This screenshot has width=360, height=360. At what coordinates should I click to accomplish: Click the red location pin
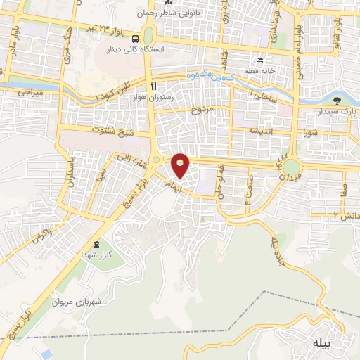click(181, 166)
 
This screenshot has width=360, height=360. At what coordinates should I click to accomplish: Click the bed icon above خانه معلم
click(259, 60)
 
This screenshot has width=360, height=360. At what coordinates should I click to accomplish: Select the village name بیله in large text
click(319, 342)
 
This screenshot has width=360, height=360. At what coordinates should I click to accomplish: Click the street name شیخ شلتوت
click(96, 130)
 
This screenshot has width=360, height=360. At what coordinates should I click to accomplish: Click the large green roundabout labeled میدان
click(291, 167)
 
